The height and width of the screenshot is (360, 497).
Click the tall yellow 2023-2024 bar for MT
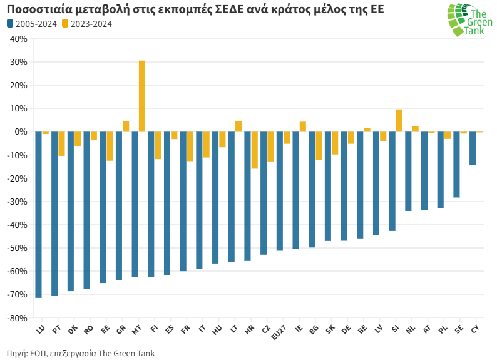pos(142,96)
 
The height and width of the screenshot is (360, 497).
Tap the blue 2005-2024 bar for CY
pos(473,148)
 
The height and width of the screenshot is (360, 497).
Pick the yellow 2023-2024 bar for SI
pos(399,121)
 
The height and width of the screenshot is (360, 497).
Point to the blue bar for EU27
pos(280,191)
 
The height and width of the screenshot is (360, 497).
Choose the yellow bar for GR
pos(126,126)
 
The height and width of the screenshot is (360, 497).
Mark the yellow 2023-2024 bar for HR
pos(254,150)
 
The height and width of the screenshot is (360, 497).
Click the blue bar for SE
pos(456,164)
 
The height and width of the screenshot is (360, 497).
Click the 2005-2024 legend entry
pos(31,24)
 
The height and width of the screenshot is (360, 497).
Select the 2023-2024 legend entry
pos(87,24)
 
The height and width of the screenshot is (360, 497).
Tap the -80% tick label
pos(18,318)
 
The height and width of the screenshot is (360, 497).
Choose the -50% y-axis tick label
pos(18,249)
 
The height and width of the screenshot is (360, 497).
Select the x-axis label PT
pos(56,329)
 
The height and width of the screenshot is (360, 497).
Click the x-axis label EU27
pos(279,331)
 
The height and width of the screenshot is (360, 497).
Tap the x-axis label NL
pos(411,329)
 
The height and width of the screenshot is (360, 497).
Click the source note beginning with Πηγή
pos(81,353)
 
